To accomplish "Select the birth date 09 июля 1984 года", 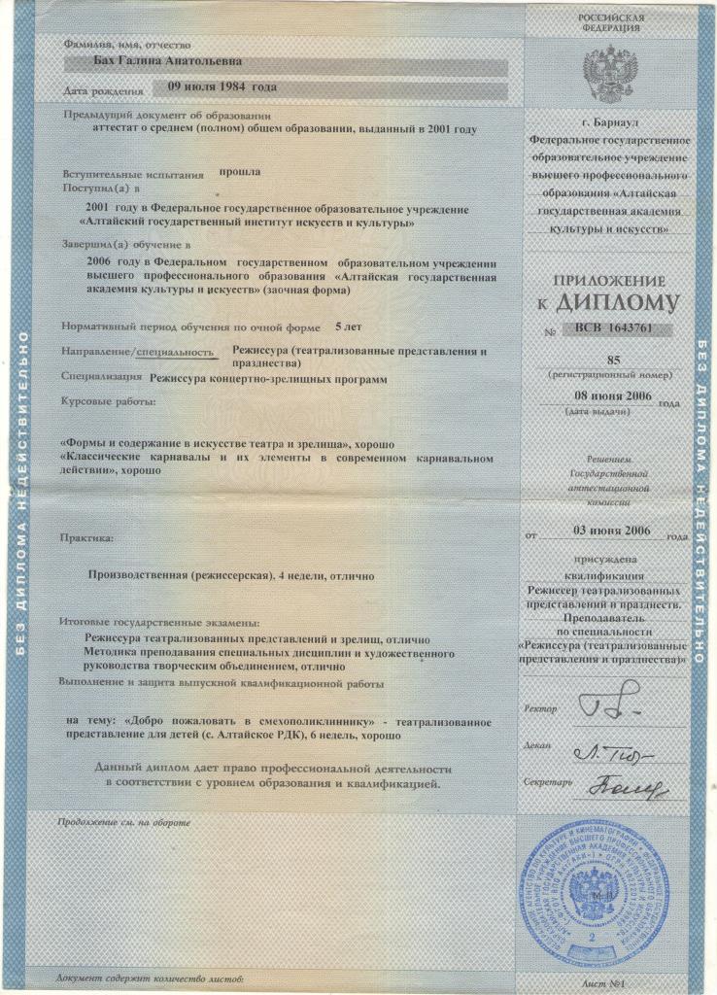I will (x=222, y=87).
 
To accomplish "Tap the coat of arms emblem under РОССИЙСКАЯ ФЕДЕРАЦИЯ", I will (x=610, y=70).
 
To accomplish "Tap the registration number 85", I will (x=611, y=359).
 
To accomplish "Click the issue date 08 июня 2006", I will (x=609, y=396).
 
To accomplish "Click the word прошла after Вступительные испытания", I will (x=239, y=172).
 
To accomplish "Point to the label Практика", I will (x=85, y=536).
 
